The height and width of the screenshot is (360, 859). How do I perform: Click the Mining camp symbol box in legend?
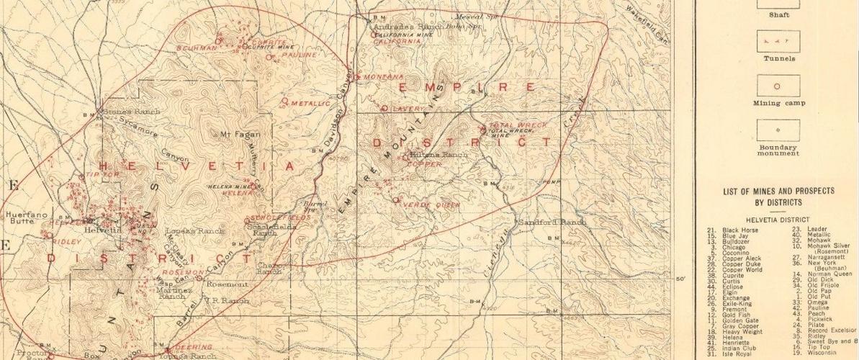pos(775,86)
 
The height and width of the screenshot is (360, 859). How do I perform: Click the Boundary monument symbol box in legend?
pos(775,127)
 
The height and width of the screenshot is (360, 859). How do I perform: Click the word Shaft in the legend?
pos(778,14)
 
